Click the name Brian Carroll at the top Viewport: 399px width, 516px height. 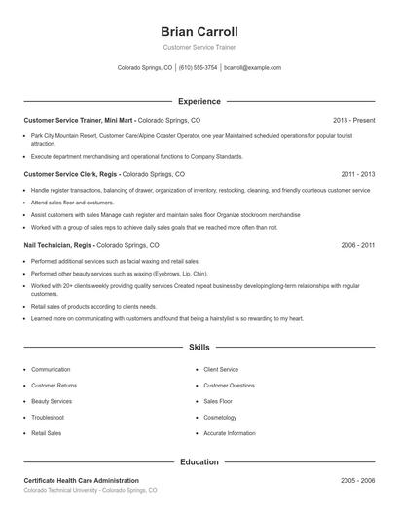[199, 31]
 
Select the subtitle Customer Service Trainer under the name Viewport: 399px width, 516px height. [199, 47]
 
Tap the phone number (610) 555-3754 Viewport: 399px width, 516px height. [199, 68]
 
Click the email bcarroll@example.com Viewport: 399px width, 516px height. [252, 68]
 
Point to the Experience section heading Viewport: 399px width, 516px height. [199, 101]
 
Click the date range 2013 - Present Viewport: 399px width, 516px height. [353, 120]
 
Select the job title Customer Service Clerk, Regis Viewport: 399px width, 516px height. [71, 174]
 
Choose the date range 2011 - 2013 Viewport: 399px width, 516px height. [357, 174]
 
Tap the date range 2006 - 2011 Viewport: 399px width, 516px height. [357, 246]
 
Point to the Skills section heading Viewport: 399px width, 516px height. [199, 347]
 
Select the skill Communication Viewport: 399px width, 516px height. [51, 370]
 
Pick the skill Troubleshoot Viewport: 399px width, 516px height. [50, 417]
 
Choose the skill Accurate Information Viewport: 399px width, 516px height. [230, 432]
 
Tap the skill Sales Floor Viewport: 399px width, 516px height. [219, 401]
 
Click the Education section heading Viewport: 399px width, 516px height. [199, 462]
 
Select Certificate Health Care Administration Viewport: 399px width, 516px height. [81, 481]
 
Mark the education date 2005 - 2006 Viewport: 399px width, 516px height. [357, 481]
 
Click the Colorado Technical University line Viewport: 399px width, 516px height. [90, 491]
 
